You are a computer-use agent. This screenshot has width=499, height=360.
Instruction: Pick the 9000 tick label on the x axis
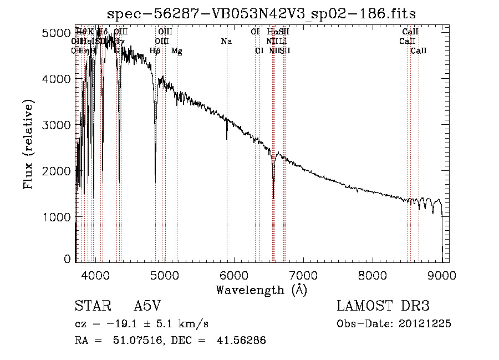point(442,275)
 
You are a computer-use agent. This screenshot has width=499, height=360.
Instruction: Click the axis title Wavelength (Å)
point(261,290)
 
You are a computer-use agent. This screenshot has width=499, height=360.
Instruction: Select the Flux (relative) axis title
point(28,145)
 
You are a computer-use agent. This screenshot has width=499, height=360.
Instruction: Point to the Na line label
point(226,42)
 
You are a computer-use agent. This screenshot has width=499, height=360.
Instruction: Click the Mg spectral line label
point(176,51)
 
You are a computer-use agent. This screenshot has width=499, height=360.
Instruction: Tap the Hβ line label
point(155,51)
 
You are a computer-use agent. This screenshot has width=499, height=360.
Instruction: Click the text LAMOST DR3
point(383,306)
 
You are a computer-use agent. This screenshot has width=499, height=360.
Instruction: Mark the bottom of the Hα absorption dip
point(273,198)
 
